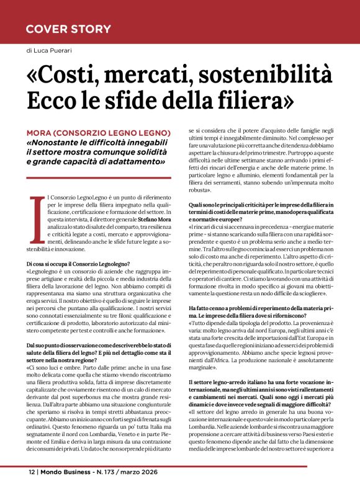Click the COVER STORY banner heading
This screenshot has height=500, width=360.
pyautogui.click(x=68, y=29)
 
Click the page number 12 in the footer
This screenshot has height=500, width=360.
pyautogui.click(x=32, y=473)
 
